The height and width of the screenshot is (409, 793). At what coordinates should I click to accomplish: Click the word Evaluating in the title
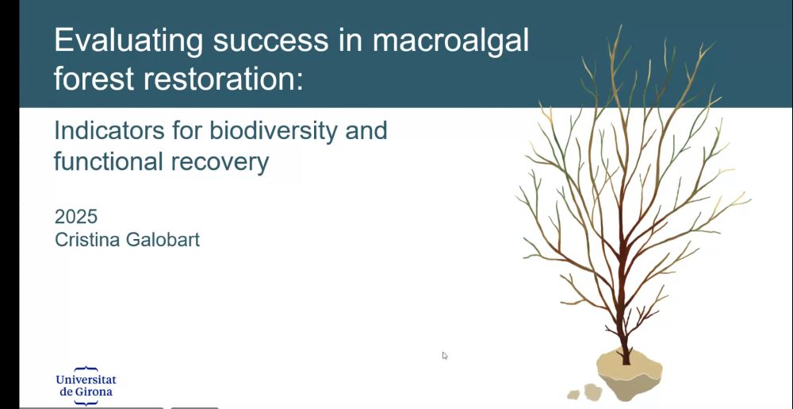click(128, 41)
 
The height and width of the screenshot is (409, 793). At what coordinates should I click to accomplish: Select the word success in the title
click(270, 41)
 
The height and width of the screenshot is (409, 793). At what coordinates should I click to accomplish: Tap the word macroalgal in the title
click(450, 41)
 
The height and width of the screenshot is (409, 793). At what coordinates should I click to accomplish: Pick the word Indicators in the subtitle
click(109, 131)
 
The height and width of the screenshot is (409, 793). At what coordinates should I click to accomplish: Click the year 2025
click(76, 217)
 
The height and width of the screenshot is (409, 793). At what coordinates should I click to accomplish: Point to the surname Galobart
click(163, 239)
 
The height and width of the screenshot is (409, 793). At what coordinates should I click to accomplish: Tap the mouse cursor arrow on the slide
click(445, 355)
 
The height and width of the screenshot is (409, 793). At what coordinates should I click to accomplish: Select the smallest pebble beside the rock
click(573, 395)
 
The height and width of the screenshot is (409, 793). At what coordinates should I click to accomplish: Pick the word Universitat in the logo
click(86, 379)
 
